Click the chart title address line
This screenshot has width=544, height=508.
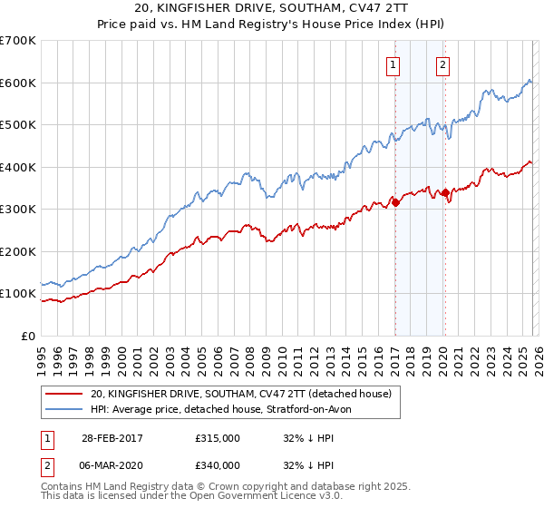(272, 9)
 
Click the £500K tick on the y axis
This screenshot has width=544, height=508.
(18, 124)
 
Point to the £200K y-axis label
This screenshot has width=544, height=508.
(18, 251)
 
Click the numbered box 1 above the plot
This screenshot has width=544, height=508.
(394, 64)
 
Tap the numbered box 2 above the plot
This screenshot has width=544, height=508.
(443, 64)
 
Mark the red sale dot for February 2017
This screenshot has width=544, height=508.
(395, 203)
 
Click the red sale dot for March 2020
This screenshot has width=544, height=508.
(444, 192)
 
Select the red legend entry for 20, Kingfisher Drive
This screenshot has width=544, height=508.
(240, 394)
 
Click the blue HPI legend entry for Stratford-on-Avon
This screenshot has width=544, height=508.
(227, 409)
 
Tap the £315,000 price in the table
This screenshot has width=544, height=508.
(218, 438)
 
